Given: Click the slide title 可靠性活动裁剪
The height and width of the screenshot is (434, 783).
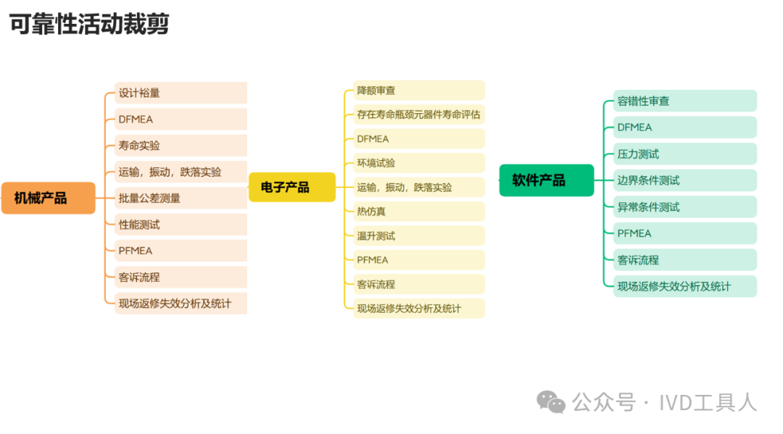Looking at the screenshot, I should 89,25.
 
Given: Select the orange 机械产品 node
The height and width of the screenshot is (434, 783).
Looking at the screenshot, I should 49,198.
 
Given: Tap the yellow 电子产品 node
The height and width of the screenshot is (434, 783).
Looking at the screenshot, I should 291,187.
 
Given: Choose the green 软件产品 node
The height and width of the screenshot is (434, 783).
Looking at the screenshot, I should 546,180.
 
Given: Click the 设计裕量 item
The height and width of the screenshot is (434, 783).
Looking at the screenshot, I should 181,93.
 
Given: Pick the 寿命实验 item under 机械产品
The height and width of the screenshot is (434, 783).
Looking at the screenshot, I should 181,146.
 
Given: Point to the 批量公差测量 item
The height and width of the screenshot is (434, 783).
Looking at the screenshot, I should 181,198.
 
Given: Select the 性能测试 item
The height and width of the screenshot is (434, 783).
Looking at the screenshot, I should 181,225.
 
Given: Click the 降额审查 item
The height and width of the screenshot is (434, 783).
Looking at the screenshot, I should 419,91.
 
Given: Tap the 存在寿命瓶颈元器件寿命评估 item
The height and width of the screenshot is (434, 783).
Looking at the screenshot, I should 419,114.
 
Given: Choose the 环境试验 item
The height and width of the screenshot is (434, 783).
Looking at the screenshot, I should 419,163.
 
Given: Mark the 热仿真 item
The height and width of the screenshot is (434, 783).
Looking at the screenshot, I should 419,212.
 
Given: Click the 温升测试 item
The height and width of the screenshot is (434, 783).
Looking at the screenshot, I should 419,235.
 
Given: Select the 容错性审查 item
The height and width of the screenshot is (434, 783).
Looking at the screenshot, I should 685,101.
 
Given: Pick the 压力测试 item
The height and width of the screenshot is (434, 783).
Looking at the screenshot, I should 685,154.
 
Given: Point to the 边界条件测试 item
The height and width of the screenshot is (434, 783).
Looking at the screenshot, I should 685,180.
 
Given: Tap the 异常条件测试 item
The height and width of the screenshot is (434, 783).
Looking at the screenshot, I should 685,206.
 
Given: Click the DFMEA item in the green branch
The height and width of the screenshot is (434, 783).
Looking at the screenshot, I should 685,128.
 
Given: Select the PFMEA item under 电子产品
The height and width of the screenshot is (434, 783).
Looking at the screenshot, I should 419,259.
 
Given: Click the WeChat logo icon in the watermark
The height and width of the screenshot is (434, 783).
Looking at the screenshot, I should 551,401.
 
